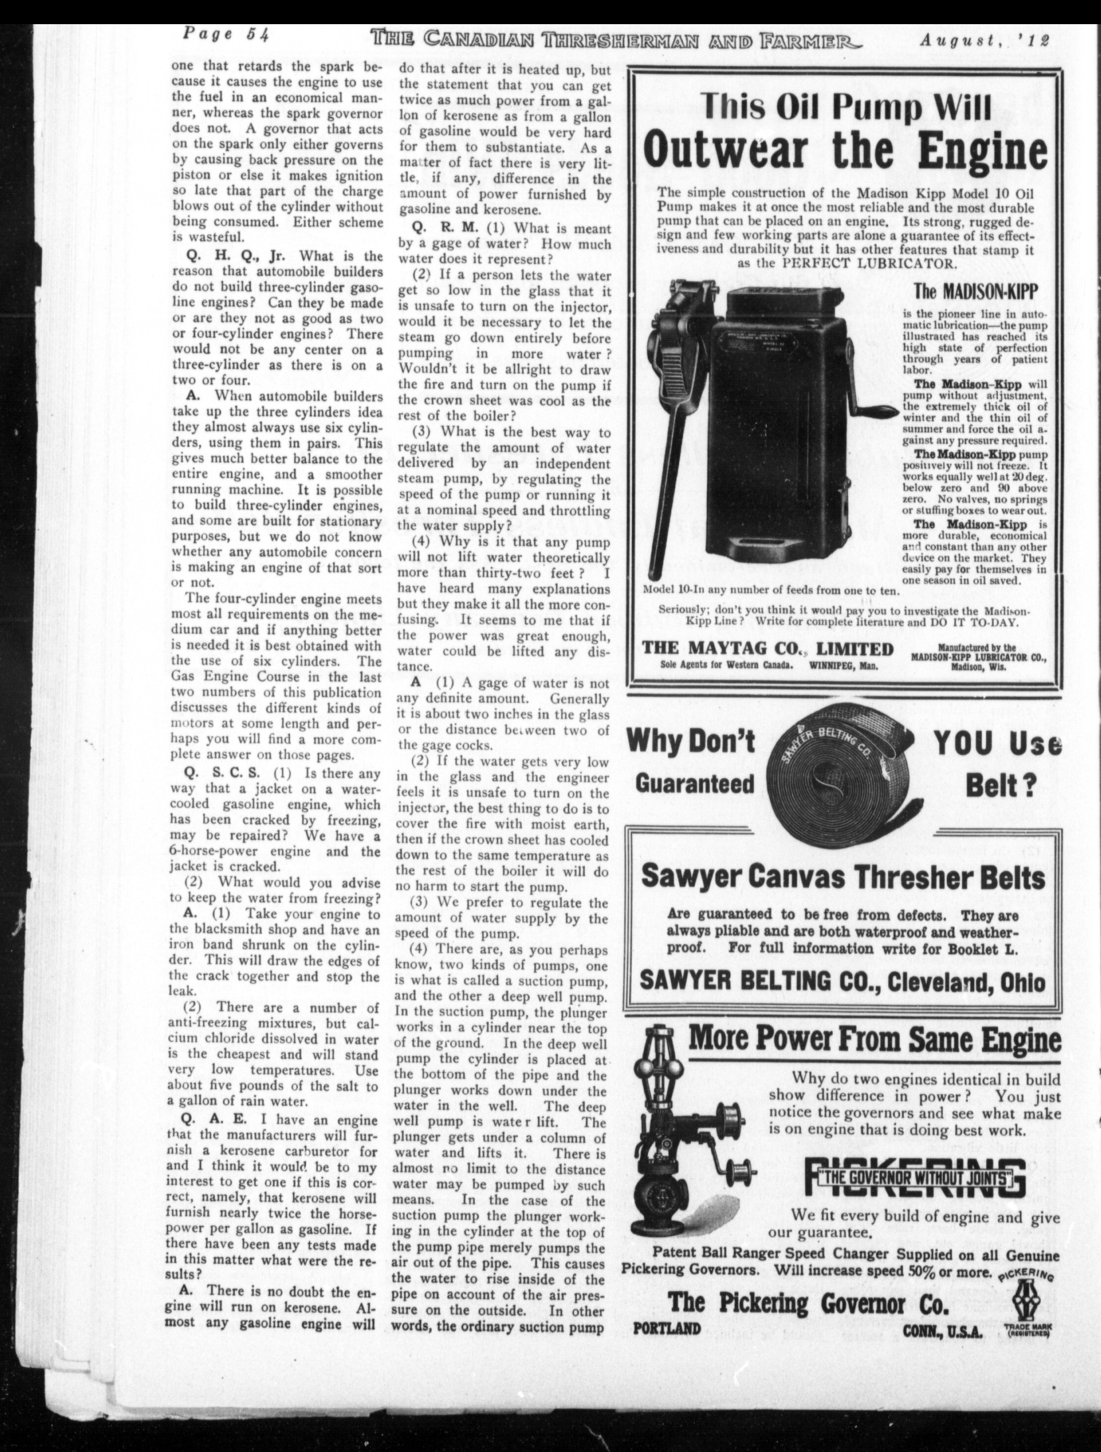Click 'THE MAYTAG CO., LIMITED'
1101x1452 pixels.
coord(767,649)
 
